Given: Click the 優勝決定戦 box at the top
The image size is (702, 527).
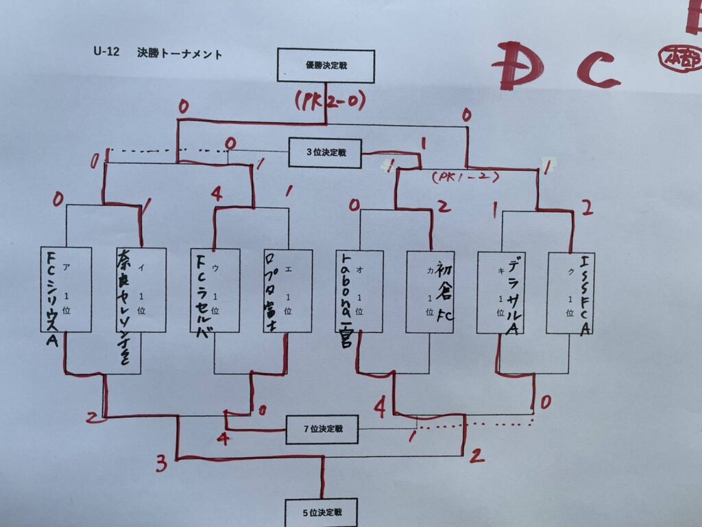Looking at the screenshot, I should tap(326, 65).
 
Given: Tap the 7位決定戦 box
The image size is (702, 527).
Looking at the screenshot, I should tap(322, 430).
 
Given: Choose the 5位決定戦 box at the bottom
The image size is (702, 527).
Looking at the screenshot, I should tap(322, 512).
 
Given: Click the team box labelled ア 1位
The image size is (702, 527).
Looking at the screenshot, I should tap(66, 290).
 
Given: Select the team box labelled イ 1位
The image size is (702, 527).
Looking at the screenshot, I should tap(141, 290).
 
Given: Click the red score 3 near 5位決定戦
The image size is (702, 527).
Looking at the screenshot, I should tap(161, 465).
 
